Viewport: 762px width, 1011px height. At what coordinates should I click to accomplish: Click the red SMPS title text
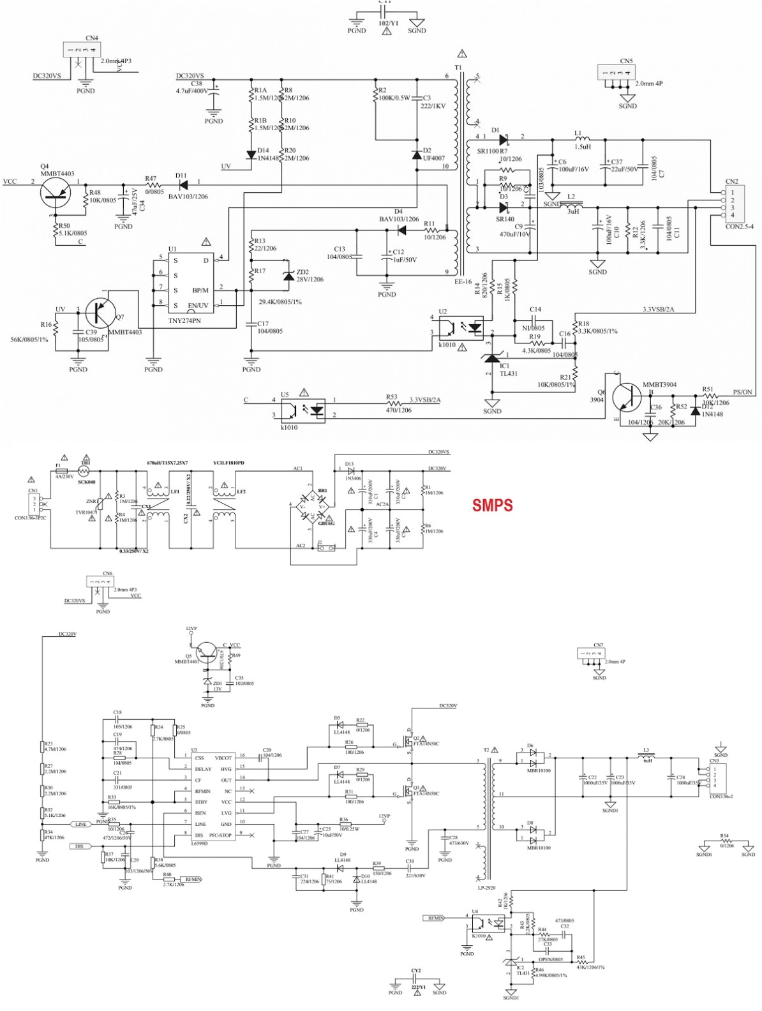(x=492, y=505)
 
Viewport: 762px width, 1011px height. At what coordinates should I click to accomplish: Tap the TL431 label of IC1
(x=508, y=373)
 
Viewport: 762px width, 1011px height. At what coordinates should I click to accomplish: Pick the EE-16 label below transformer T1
(x=463, y=281)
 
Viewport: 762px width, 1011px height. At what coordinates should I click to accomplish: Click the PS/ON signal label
(x=742, y=392)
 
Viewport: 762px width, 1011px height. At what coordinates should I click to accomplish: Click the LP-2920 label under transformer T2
(x=486, y=888)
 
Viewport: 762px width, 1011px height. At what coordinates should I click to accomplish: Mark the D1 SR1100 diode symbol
(x=503, y=139)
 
